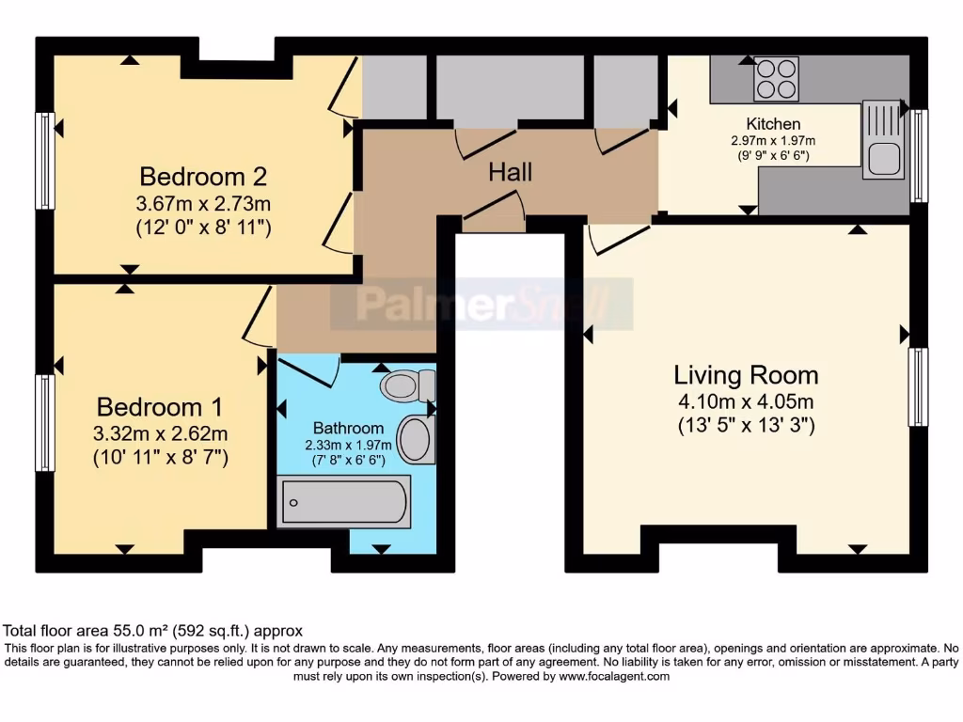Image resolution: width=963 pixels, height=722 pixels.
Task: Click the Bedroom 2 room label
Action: point(203,177)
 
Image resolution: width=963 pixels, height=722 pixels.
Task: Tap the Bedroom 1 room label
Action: point(160,407)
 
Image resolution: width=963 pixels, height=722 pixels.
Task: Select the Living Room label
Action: point(746,375)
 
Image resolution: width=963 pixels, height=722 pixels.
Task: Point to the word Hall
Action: point(511,172)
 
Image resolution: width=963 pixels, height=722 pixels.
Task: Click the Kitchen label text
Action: point(773,124)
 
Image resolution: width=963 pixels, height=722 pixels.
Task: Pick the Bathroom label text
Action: point(348,428)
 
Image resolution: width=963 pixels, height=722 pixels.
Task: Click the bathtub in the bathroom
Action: point(344,501)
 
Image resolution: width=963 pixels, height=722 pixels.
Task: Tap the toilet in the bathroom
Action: point(409,385)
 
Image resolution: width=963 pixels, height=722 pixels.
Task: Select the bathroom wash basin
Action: point(415,439)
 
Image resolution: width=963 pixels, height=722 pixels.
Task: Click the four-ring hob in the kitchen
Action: point(776,79)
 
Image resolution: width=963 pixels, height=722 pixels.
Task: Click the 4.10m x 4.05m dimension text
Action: point(746,401)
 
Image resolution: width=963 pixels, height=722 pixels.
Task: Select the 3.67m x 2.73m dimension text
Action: point(203,203)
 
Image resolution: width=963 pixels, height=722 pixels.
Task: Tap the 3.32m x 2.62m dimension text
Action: point(160,433)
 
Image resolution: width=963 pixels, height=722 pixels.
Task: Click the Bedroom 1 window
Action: point(44,422)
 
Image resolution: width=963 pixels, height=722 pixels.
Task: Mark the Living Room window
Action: point(918,386)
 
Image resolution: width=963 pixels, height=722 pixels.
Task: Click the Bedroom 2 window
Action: point(44,161)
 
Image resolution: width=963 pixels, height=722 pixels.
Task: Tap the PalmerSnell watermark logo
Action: point(481,304)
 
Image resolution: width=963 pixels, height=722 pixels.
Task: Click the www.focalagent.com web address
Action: point(613,676)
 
